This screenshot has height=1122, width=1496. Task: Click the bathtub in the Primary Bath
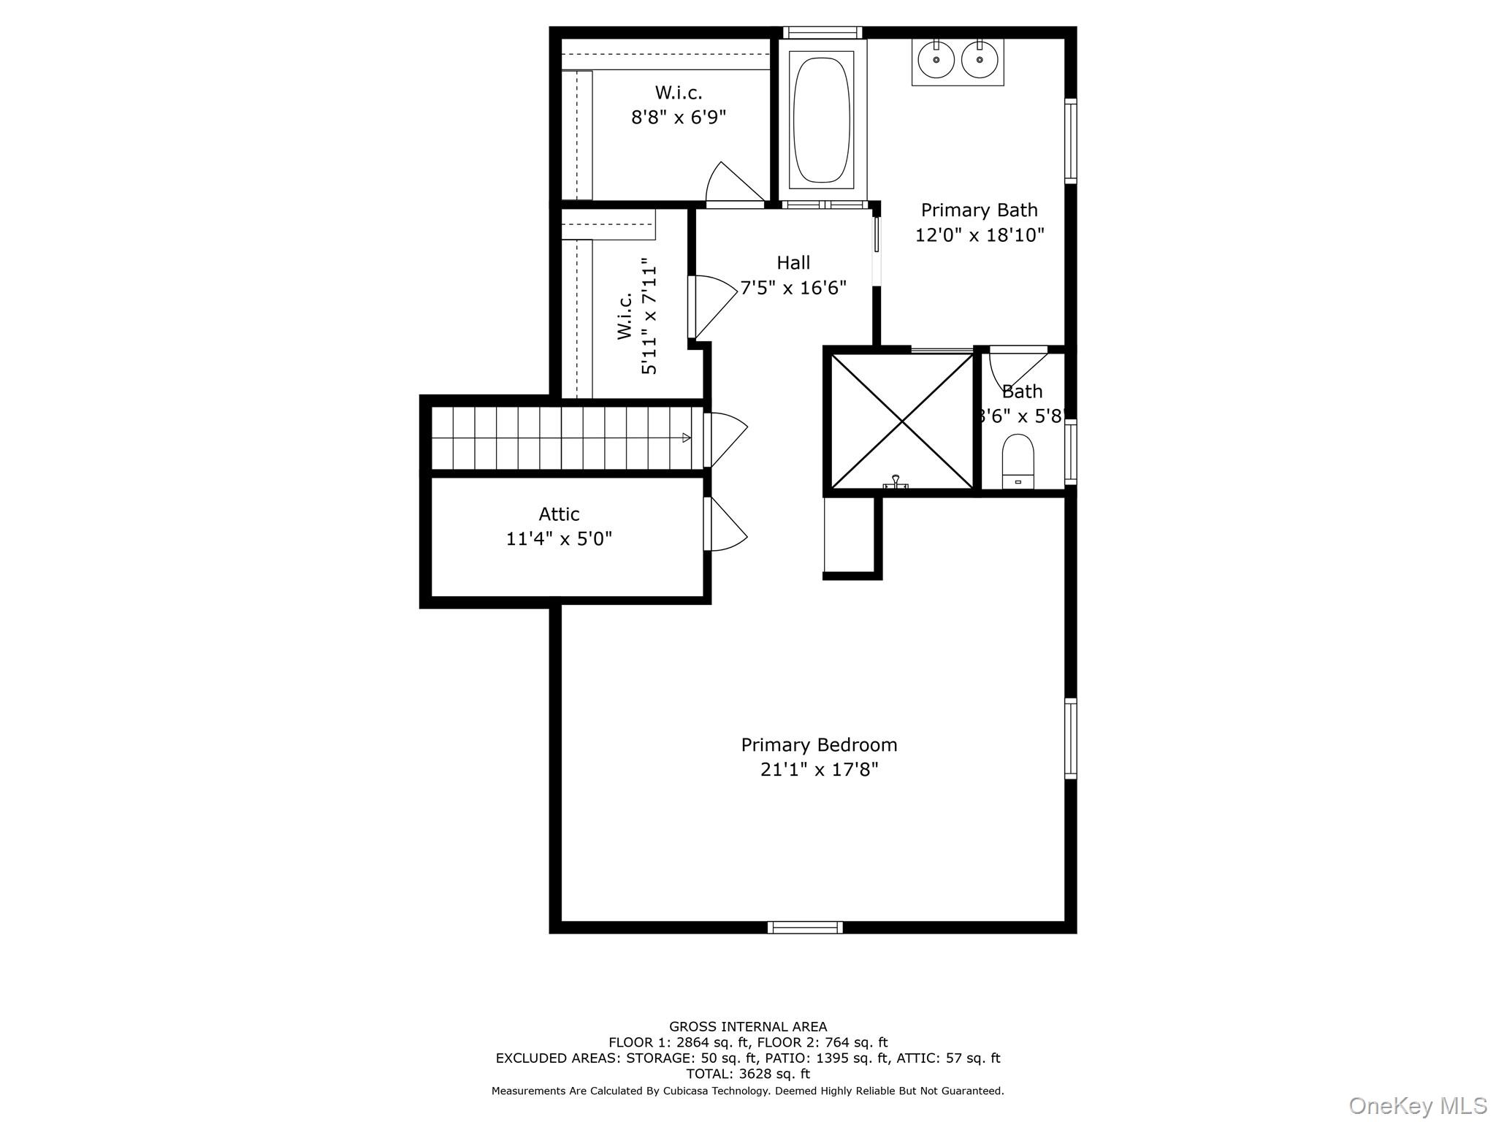pyautogui.click(x=823, y=121)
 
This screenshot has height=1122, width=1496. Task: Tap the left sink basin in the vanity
pyautogui.click(x=936, y=60)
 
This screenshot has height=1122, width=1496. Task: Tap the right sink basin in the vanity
pyautogui.click(x=979, y=60)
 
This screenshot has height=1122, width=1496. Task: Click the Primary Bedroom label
pyautogui.click(x=819, y=745)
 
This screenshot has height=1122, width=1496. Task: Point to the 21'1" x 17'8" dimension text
pyautogui.click(x=819, y=770)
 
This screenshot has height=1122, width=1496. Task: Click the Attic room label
pyautogui.click(x=559, y=514)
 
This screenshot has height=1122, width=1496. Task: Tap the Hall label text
pyautogui.click(x=793, y=262)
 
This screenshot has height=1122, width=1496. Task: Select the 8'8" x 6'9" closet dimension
pyautogui.click(x=679, y=118)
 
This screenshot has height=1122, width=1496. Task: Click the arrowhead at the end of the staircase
pyautogui.click(x=687, y=438)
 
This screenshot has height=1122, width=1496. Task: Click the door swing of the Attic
pyautogui.click(x=728, y=524)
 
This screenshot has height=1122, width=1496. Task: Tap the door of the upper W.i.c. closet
pyautogui.click(x=733, y=183)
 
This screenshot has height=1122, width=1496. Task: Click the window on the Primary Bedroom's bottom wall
pyautogui.click(x=805, y=927)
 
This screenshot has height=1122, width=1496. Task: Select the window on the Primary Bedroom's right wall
pyautogui.click(x=1070, y=738)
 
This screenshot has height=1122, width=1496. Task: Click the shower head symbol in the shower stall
pyautogui.click(x=896, y=481)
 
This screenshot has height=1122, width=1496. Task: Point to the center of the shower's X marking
pyautogui.click(x=903, y=421)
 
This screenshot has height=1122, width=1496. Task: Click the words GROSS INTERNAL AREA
pyautogui.click(x=748, y=1027)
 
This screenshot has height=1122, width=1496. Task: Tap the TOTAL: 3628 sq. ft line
pyautogui.click(x=748, y=1074)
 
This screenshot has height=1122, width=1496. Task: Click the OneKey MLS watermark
pyautogui.click(x=1418, y=1106)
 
